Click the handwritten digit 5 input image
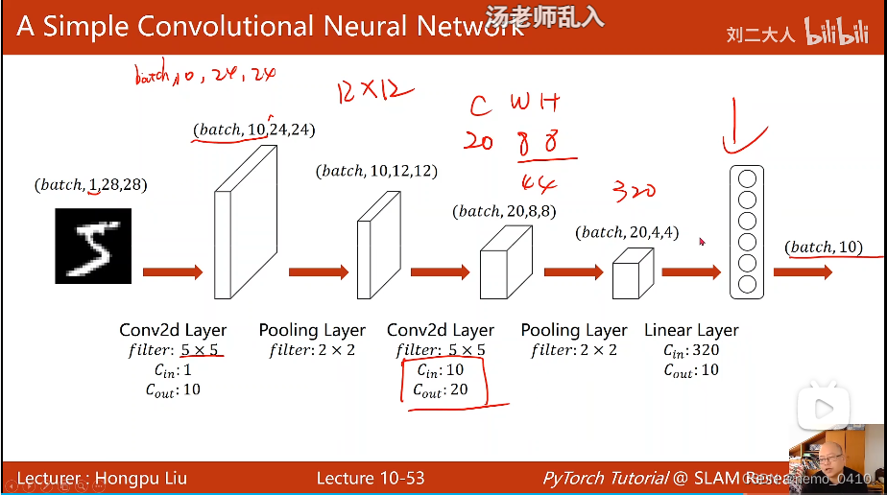92,246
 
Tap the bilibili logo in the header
835,32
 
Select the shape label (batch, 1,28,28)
91,184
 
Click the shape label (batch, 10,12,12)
376,171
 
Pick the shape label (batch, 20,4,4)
628,231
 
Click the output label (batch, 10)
824,247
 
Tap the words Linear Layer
691,330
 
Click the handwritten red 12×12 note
374,93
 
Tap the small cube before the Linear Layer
633,272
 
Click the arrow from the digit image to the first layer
173,272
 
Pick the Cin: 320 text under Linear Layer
691,350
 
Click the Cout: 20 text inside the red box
442,390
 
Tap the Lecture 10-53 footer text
371,478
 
